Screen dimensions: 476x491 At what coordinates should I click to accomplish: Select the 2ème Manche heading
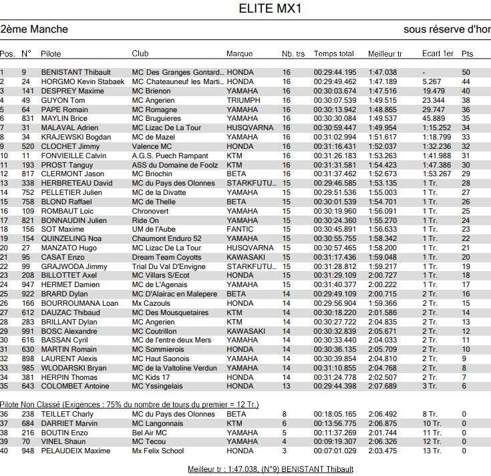[34, 29]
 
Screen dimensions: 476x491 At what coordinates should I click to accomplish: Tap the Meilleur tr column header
[385, 53]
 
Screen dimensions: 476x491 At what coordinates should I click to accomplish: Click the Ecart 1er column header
[438, 53]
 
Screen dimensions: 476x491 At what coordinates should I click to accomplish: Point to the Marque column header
[240, 53]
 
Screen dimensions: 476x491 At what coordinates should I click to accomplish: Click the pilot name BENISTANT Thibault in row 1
[77, 72]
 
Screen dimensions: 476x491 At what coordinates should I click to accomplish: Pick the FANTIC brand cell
[239, 230]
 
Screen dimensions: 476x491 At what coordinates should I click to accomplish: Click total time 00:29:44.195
[335, 72]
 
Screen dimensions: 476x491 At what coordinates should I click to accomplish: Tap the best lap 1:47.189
[382, 81]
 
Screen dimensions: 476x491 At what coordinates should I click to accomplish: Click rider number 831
[27, 119]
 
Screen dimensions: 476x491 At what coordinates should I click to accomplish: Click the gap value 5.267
[432, 81]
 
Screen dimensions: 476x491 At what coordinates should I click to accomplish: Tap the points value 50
[466, 72]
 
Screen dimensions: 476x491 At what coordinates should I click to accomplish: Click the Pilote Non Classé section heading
[129, 405]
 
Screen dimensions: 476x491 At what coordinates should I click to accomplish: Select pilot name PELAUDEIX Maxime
[75, 451]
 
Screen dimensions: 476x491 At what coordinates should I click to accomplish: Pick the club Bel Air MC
[149, 433]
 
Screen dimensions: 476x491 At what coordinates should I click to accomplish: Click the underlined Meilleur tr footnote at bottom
[271, 469]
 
